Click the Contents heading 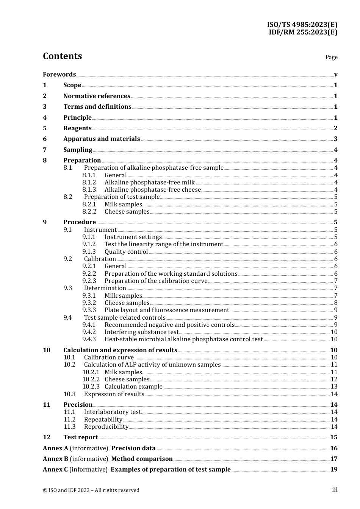62,56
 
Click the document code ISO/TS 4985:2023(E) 302,25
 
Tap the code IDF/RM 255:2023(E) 303,32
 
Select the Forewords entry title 59,74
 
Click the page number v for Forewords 336,74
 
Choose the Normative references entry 97,96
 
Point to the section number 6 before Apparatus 45,139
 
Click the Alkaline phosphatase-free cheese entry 153,189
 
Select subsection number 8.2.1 89,204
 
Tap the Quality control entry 126,251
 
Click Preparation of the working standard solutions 171,273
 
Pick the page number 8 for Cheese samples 336,303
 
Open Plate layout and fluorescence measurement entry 167,310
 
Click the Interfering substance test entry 141,332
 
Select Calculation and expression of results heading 120,350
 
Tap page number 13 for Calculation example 334,386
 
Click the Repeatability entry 103,419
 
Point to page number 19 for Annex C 334,469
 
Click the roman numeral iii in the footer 335,490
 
